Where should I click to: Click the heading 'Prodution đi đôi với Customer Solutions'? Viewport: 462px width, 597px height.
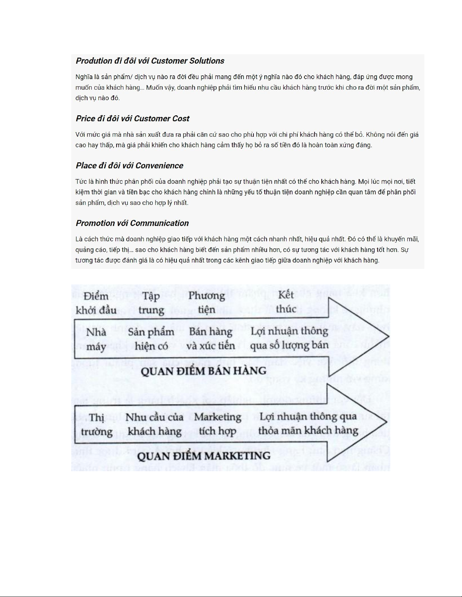150,61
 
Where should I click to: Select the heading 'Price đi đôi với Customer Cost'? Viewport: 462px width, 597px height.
132,119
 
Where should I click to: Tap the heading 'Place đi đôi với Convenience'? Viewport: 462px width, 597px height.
129,166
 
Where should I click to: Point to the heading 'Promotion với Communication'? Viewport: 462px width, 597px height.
132,223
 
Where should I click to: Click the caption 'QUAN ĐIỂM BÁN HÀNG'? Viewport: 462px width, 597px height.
204,372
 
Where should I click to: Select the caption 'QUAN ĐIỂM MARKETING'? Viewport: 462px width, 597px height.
204,456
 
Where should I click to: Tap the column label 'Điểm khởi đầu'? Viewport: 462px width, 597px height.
96,303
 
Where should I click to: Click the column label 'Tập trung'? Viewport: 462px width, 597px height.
151,303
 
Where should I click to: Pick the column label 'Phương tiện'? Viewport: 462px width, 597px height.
207,303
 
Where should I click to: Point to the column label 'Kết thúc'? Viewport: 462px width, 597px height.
286,302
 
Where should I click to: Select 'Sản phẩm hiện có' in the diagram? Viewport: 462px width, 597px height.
151,339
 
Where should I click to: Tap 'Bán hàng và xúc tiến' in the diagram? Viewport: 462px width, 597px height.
211,339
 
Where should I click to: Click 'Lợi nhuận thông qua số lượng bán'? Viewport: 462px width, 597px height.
289,338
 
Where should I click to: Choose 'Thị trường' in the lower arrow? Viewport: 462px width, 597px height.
97,424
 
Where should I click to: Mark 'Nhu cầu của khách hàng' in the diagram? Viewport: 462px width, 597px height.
154,424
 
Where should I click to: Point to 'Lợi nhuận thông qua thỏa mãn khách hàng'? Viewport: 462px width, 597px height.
308,423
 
